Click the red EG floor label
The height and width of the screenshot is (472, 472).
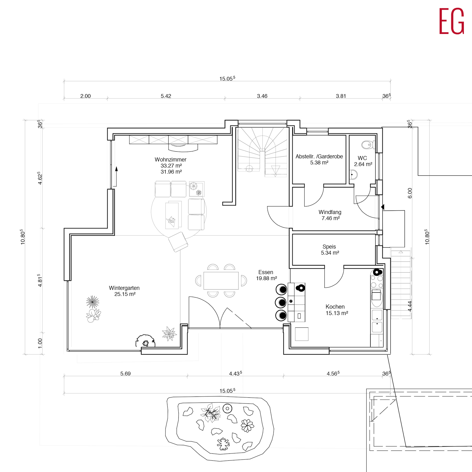tap(452, 21)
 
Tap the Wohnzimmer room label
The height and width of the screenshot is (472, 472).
tap(171, 160)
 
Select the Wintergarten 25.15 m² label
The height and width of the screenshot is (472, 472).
tap(125, 291)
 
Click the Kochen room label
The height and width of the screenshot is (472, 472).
tap(335, 306)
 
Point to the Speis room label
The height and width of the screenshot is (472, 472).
tap(329, 247)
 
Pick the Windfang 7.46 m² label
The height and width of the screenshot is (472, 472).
tap(330, 215)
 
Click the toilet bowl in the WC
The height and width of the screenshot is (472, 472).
tap(367, 145)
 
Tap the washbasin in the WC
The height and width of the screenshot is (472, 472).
tap(354, 175)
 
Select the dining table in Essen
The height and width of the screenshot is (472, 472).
tap(221, 281)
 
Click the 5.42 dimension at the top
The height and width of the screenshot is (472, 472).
tap(166, 96)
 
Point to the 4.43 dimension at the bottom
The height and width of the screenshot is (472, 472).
tap(235, 374)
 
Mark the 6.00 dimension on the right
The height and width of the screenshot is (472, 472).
tap(410, 193)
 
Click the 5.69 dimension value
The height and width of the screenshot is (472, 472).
tap(125, 374)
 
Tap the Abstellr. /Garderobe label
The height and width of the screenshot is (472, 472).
tap(319, 156)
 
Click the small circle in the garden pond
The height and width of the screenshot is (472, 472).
tap(227, 409)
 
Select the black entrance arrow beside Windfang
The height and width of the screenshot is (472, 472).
tap(383, 207)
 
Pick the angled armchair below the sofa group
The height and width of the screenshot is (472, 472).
tap(178, 242)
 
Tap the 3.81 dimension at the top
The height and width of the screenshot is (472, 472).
tap(341, 96)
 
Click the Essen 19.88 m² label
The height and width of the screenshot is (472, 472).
tap(266, 275)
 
